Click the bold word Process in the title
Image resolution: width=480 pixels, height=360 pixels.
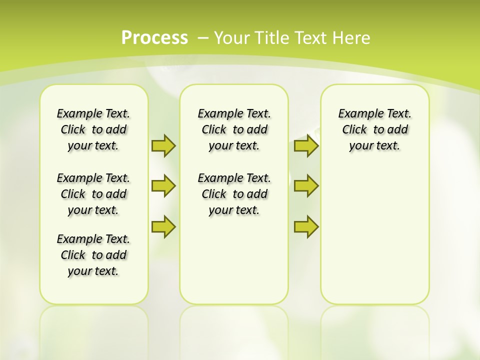pos(154,38)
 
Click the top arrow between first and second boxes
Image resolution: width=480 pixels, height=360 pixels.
pos(163,145)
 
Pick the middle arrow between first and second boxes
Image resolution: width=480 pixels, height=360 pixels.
pos(163,186)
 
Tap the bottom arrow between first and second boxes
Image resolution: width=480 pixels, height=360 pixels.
pos(163,226)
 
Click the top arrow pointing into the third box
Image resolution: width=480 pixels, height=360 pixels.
pos(306,145)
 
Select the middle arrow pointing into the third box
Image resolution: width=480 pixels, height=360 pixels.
pos(306,186)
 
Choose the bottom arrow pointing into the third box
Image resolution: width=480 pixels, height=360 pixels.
pos(306,226)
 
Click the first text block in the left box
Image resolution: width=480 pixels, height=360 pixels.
pos(93,129)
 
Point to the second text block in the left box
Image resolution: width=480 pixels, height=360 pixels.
pos(93,194)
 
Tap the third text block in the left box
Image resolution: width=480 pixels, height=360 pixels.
pos(93,255)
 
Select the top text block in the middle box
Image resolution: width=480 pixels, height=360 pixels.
pos(234,129)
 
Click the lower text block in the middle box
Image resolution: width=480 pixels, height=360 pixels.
pos(234,194)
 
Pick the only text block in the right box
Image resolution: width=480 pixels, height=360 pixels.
pos(374,129)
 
